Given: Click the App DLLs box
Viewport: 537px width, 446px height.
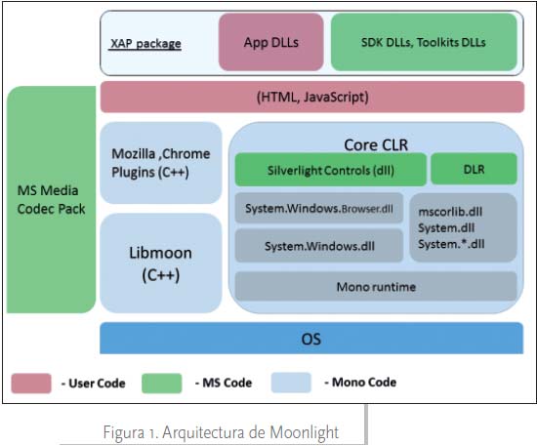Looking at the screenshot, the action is pos(271,42).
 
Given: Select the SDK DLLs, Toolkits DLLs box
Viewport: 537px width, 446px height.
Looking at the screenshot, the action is pos(424,42).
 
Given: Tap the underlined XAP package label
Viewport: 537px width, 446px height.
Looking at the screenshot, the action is pos(145,44).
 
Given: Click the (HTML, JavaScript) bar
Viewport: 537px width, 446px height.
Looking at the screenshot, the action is pos(312,97).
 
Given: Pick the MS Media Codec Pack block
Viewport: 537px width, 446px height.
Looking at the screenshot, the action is pos(52,199).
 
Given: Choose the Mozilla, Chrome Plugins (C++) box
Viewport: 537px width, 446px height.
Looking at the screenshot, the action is pos(161,163).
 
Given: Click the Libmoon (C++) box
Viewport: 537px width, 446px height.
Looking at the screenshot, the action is pos(161,264).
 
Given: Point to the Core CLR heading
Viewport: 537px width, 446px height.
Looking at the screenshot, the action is pos(376,145).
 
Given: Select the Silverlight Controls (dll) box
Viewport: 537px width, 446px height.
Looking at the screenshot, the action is pos(331,170).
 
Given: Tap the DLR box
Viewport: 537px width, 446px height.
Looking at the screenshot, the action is pos(474,169).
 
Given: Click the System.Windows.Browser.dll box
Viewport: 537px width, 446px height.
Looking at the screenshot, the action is pos(319,209).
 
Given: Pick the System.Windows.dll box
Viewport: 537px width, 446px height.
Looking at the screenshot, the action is pos(319,246).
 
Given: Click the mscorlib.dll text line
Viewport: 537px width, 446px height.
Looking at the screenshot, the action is pos(450,212).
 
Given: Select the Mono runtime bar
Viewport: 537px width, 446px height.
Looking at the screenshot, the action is pos(376,287).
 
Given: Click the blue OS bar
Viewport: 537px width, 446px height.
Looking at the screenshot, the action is pos(311,339).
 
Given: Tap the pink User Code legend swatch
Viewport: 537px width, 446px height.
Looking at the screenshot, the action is pos(31,384).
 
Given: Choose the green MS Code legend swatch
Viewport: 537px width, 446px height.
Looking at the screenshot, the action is pos(162,384).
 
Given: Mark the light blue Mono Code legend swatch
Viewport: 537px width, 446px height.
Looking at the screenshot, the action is pos(291,383).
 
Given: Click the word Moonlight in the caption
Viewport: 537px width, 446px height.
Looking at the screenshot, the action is pos(305,432).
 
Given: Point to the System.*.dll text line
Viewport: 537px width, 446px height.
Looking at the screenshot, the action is pos(451,244).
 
